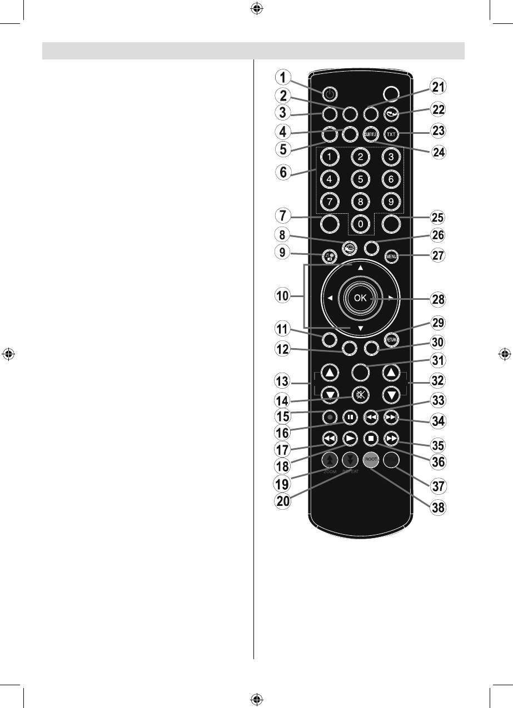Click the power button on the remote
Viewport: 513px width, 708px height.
click(330, 94)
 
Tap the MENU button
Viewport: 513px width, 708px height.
click(391, 257)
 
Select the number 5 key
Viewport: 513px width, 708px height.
click(360, 179)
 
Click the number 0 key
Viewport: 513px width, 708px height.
click(360, 223)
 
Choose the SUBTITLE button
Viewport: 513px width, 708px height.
click(371, 134)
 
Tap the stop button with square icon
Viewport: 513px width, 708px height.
click(371, 438)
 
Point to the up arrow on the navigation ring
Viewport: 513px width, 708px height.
click(360, 268)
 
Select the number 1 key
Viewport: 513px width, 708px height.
click(330, 157)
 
